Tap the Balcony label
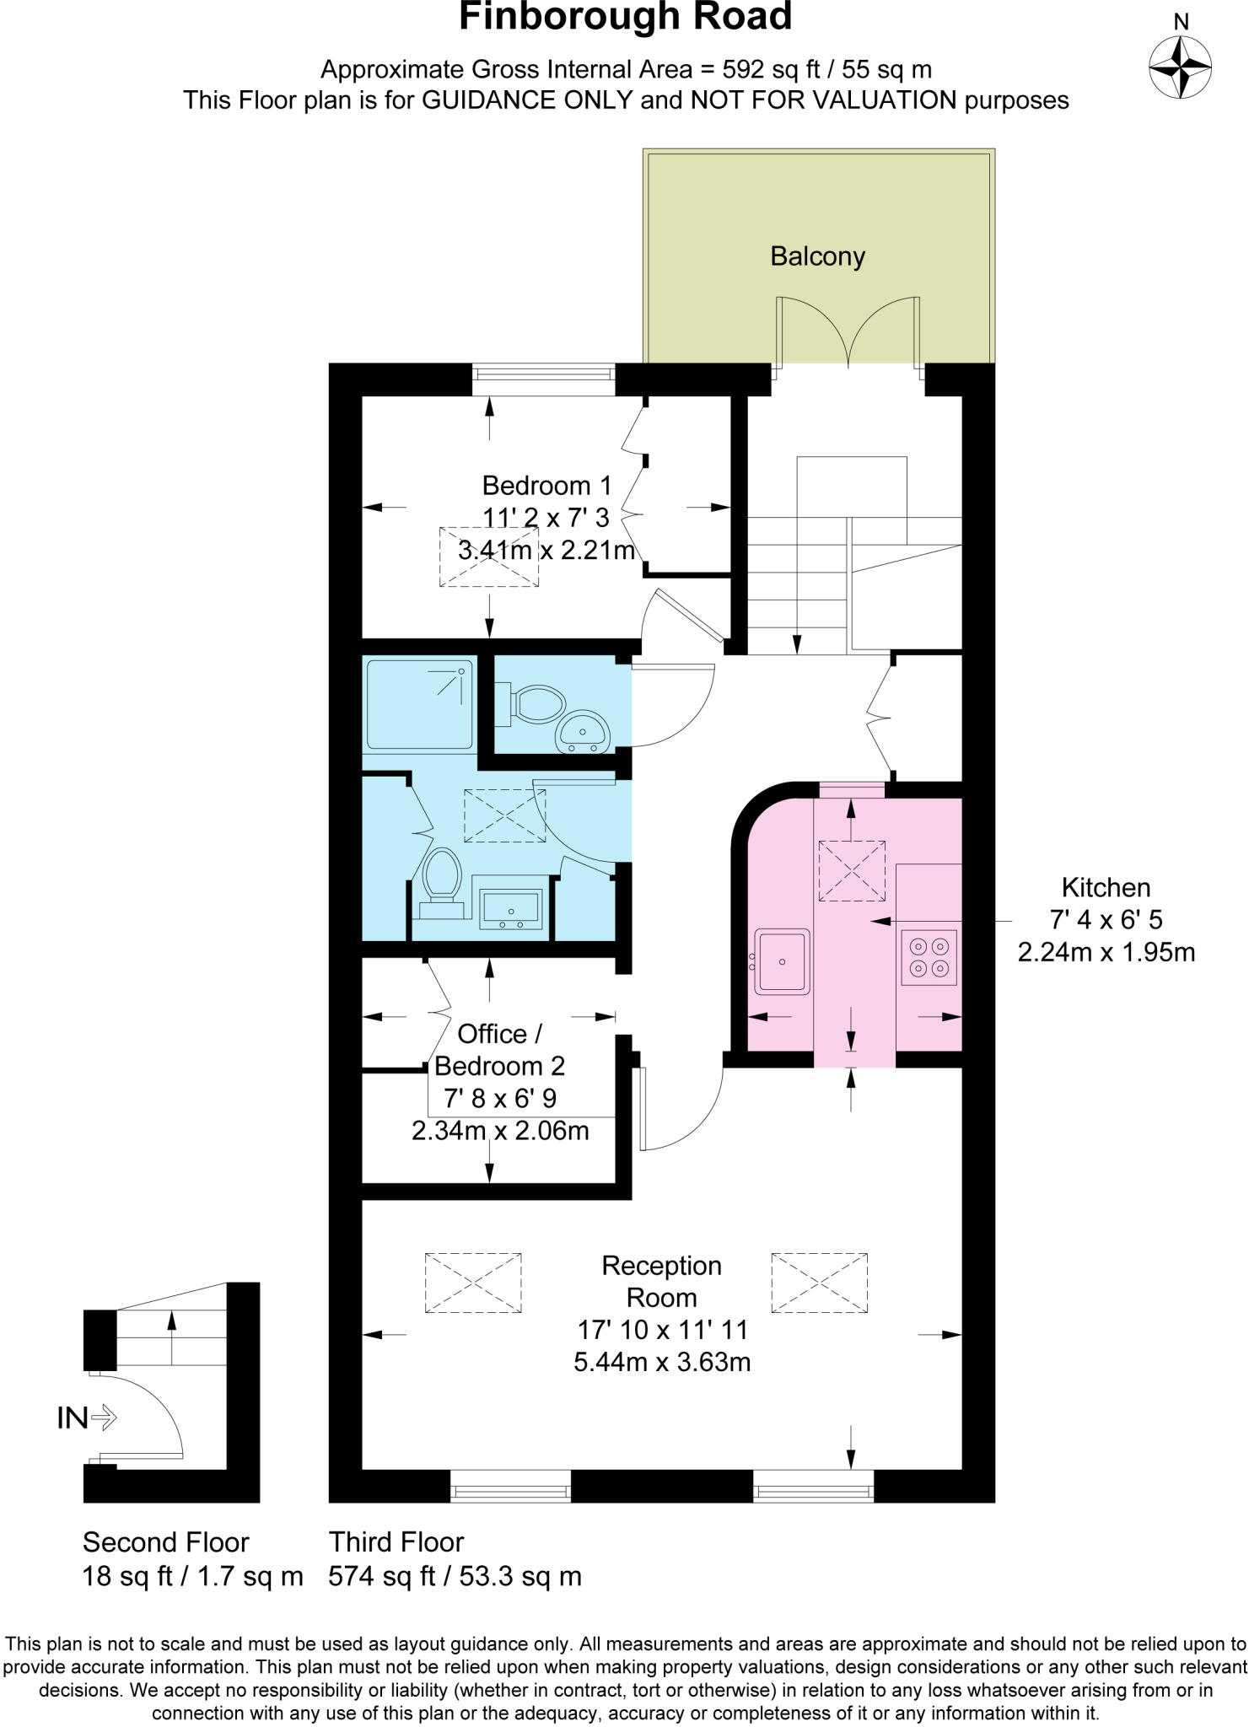point(817,256)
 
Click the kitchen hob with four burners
point(929,956)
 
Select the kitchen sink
point(783,960)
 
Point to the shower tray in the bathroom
point(419,704)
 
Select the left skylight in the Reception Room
point(473,1283)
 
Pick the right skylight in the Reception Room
point(819,1283)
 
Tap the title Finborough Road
point(625,17)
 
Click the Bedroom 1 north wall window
point(543,379)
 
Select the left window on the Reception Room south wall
point(510,1492)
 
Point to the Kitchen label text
point(1106,887)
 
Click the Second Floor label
point(165,1542)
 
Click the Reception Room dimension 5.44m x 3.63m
point(662,1362)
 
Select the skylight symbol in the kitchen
point(852,870)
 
